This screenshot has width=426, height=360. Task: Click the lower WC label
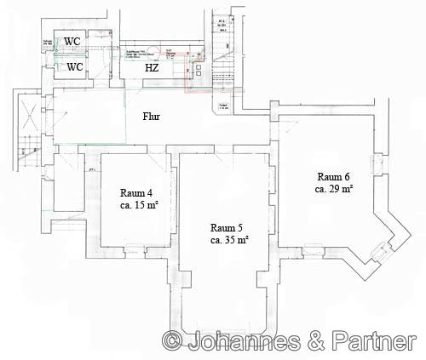tap(75, 66)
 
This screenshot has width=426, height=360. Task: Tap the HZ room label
tap(152, 67)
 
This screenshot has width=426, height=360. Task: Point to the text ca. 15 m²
tap(138, 206)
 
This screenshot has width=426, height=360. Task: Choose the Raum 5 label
tap(228, 227)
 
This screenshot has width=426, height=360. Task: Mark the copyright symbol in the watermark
tap(172, 341)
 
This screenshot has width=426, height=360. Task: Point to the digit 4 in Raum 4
tap(152, 193)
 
